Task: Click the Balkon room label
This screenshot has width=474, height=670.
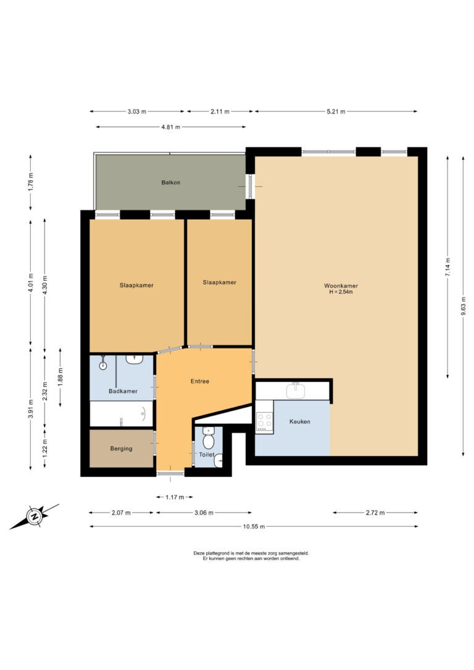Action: [x=170, y=183]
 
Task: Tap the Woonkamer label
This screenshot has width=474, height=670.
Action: [x=341, y=286]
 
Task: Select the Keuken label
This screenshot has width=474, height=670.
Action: [x=299, y=421]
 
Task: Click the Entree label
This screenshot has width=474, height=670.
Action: [x=199, y=381]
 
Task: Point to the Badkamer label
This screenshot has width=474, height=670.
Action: [x=123, y=391]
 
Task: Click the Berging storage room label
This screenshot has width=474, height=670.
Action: [x=121, y=449]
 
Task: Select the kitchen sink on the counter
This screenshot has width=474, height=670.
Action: [x=296, y=390]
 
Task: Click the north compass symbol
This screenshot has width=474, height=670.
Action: [x=34, y=516]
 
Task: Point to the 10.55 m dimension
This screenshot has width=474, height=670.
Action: [x=254, y=526]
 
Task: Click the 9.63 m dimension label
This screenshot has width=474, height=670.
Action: [x=464, y=306]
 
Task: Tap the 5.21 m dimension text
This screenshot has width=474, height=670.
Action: [x=336, y=112]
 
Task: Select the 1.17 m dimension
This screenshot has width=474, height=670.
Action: [x=175, y=497]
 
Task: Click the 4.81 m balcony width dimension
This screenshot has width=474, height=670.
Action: [x=170, y=127]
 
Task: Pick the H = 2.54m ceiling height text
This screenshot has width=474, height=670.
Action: [x=341, y=292]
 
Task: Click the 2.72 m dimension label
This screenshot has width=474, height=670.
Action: [x=375, y=512]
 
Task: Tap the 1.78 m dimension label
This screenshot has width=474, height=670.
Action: [x=30, y=183]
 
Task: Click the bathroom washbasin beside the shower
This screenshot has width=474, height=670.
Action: [x=135, y=359]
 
